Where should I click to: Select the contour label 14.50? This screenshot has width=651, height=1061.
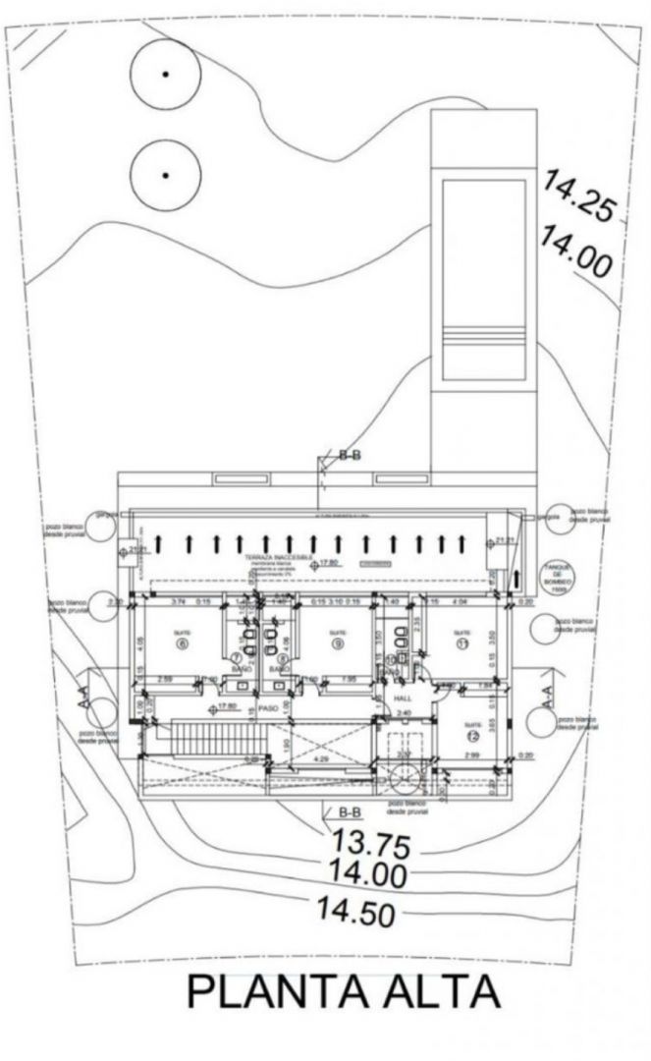355,911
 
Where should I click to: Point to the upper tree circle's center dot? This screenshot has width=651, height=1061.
166,75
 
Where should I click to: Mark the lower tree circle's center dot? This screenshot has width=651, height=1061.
166,175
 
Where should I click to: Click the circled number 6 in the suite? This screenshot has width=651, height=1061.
183,645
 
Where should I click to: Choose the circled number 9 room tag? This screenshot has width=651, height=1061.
337,645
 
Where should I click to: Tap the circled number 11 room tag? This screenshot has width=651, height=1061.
462,644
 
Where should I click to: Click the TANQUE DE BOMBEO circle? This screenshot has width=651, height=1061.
556,574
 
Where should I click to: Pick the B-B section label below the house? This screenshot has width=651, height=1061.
349,812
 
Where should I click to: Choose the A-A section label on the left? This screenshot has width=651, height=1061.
86,699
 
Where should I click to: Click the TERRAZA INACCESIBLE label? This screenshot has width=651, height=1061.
280,556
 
